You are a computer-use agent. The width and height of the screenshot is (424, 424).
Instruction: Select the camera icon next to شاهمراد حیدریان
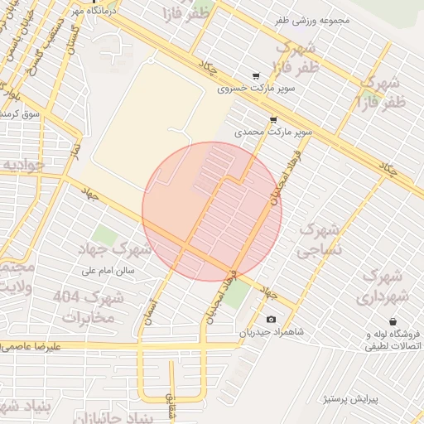tap(271, 320)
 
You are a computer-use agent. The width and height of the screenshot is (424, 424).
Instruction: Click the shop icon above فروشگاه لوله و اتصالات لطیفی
tap(392, 321)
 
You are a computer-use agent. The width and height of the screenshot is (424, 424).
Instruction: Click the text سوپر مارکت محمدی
tap(273, 132)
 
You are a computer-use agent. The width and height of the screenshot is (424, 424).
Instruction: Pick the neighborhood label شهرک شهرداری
tap(384, 286)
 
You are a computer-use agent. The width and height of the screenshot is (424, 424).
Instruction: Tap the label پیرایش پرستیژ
tap(349, 399)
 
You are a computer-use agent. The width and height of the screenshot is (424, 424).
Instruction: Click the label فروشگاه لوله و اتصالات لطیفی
tap(393, 340)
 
